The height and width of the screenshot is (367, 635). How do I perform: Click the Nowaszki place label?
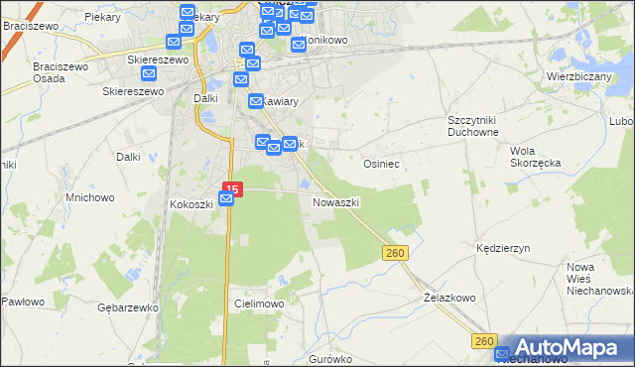coord(335,202)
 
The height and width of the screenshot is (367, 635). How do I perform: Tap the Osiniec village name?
coord(381,164)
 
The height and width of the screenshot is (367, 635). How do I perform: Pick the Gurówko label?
coord(330,358)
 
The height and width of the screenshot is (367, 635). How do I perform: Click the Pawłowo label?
coord(22,302)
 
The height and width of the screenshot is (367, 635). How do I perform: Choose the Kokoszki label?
coord(191,204)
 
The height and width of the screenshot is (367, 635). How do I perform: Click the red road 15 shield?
coord(232,187)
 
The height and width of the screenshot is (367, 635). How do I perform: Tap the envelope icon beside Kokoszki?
coord(226,199)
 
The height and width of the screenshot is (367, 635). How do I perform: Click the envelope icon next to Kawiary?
coord(254,100)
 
